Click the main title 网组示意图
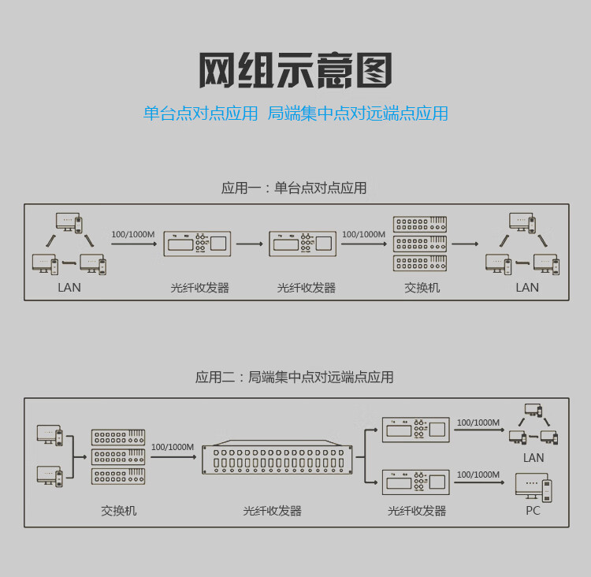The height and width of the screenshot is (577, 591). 295,70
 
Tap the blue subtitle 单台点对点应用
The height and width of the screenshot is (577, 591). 200,114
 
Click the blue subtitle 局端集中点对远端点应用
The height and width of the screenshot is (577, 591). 358,114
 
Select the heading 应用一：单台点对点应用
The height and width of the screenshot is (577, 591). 294,188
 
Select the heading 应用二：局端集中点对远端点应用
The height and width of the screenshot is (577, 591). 294,377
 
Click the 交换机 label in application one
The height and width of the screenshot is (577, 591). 422,288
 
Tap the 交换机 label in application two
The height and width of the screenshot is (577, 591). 118,511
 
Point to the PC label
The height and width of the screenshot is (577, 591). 533,511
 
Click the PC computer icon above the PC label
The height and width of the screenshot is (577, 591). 533,486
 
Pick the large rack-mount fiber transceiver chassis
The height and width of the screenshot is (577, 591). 277,457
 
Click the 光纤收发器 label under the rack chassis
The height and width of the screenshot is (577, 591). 272,511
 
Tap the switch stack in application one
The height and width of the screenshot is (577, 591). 420,244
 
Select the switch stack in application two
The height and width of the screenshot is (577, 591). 118,456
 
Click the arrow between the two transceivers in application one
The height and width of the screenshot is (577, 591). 249,244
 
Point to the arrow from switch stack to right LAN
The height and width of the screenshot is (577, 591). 465,244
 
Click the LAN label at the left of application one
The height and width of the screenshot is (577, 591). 69,288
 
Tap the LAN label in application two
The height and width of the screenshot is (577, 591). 533,458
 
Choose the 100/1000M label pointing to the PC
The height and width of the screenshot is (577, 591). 478,475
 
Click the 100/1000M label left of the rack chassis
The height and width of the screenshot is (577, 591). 172,447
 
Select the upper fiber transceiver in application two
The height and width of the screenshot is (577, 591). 415,430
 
